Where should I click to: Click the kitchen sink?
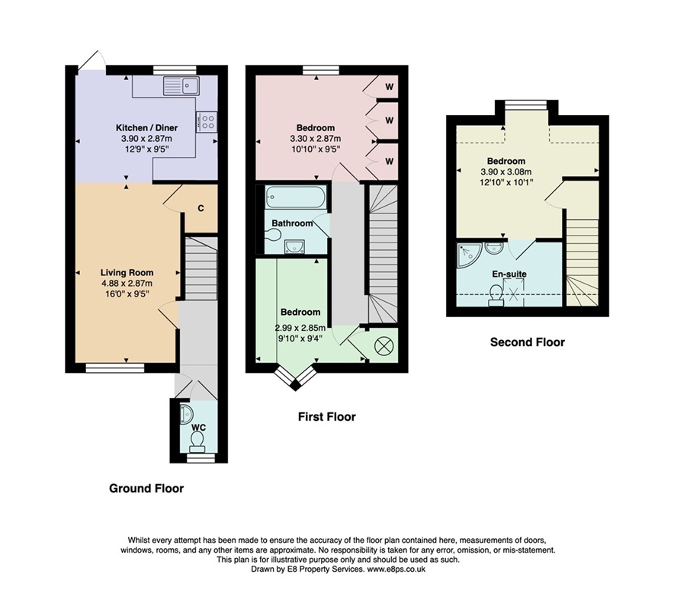181,85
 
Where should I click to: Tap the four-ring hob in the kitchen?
207,121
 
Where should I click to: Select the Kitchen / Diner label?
146,127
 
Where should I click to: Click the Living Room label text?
127,272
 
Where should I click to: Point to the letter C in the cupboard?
201,208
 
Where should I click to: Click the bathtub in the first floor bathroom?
296,197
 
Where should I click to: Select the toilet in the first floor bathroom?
272,234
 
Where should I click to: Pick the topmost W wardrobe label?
389,87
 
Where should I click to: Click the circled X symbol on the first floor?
382,346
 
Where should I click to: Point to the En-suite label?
509,274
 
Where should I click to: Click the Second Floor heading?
528,342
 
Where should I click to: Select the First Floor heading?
327,416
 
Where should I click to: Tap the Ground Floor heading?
146,489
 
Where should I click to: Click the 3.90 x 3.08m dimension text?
506,172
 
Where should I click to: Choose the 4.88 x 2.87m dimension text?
127,284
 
